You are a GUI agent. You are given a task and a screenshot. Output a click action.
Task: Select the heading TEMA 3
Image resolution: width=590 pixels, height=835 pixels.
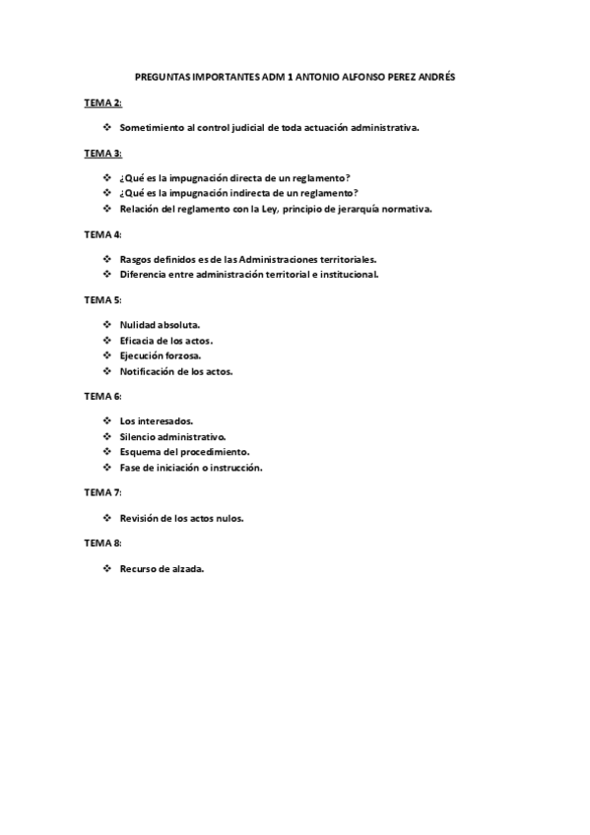point(102,154)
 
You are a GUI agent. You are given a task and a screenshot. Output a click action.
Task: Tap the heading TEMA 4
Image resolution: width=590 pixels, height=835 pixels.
point(102,234)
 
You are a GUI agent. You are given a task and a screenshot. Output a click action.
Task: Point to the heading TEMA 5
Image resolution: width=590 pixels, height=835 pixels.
point(102,299)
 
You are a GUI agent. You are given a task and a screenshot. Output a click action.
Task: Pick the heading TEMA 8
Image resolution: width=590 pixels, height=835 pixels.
point(102,543)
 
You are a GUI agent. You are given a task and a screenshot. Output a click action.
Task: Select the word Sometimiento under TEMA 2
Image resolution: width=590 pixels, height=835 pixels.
point(152,128)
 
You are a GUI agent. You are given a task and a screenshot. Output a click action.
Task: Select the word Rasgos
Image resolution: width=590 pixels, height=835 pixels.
point(135,258)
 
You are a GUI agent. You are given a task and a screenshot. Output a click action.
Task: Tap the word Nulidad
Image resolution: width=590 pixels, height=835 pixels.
point(138,323)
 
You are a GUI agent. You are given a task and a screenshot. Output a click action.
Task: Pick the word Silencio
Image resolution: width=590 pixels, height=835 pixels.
point(139,435)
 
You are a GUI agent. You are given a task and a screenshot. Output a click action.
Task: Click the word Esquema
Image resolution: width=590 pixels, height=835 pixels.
point(140,451)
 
